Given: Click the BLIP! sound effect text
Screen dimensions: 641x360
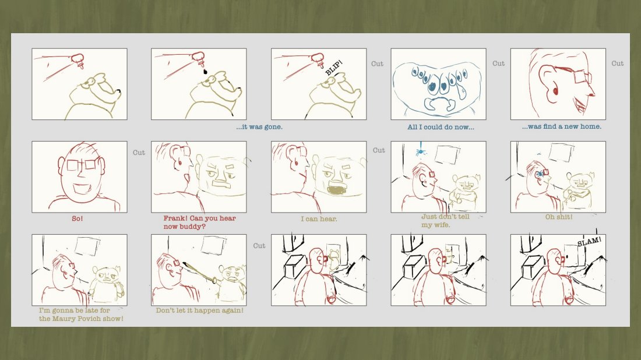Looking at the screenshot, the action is click(x=333, y=68).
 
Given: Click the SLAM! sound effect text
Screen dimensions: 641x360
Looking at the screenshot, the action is click(x=589, y=241).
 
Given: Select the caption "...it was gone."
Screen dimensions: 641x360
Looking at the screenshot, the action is click(x=259, y=127).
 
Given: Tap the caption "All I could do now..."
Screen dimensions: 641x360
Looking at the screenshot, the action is click(x=441, y=127).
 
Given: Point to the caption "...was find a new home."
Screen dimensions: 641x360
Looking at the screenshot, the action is click(x=561, y=126).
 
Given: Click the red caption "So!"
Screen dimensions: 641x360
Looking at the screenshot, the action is click(x=78, y=218).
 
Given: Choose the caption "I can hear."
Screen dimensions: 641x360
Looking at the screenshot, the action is click(x=319, y=219).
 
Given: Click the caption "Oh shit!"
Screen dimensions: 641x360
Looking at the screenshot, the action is click(x=558, y=217).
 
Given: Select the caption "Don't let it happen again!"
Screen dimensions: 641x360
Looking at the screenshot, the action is click(x=199, y=310).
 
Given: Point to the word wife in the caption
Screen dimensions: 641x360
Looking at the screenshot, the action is click(x=441, y=225).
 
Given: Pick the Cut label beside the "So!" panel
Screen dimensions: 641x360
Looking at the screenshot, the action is click(x=139, y=153).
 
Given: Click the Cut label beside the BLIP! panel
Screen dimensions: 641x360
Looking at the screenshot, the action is click(x=378, y=63).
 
